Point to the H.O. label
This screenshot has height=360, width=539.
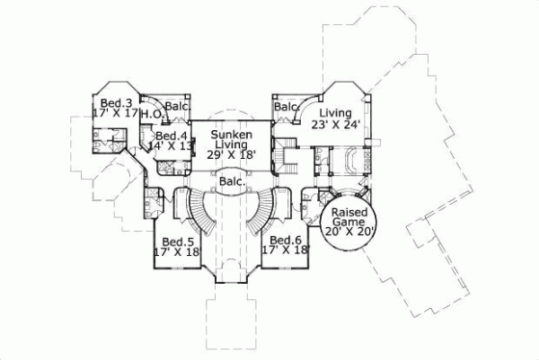(151, 114)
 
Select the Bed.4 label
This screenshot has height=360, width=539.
(171, 136)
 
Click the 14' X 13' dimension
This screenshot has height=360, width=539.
(171, 146)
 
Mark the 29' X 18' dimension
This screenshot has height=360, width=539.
(231, 154)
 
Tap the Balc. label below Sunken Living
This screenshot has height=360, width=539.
(231, 181)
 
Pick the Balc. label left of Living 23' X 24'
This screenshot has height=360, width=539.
(286, 107)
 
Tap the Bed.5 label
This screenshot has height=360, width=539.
(177, 241)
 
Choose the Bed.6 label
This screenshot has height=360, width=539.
(285, 240)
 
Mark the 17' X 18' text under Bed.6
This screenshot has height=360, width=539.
(285, 250)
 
